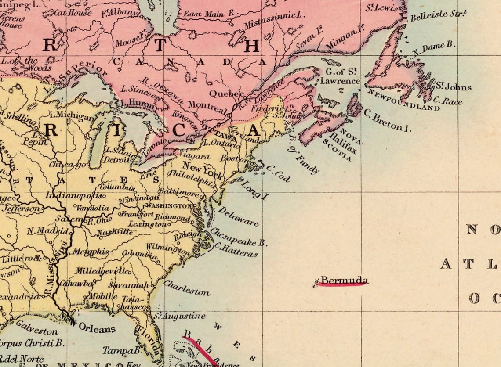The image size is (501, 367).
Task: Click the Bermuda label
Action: tap(344, 280)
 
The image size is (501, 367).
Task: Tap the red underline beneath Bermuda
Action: tap(343, 285)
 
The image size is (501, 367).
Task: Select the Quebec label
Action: tap(225, 94)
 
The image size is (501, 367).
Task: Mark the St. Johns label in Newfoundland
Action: tap(453, 86)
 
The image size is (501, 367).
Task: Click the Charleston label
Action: tap(186, 288)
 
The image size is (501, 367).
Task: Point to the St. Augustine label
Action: tap(179, 316)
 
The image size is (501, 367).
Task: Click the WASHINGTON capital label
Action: tap(168, 205)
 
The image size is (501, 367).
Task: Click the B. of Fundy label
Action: tap(304, 156)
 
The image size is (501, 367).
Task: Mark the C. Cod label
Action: tap(279, 173)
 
